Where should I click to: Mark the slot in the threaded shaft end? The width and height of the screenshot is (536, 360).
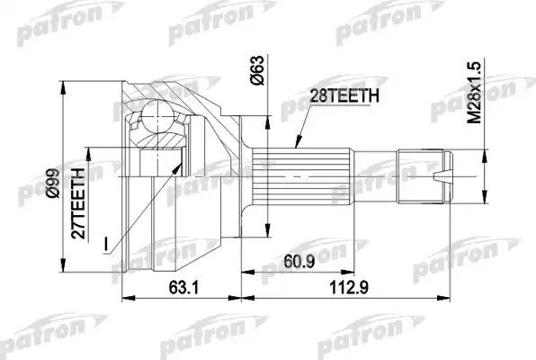point(445,176)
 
